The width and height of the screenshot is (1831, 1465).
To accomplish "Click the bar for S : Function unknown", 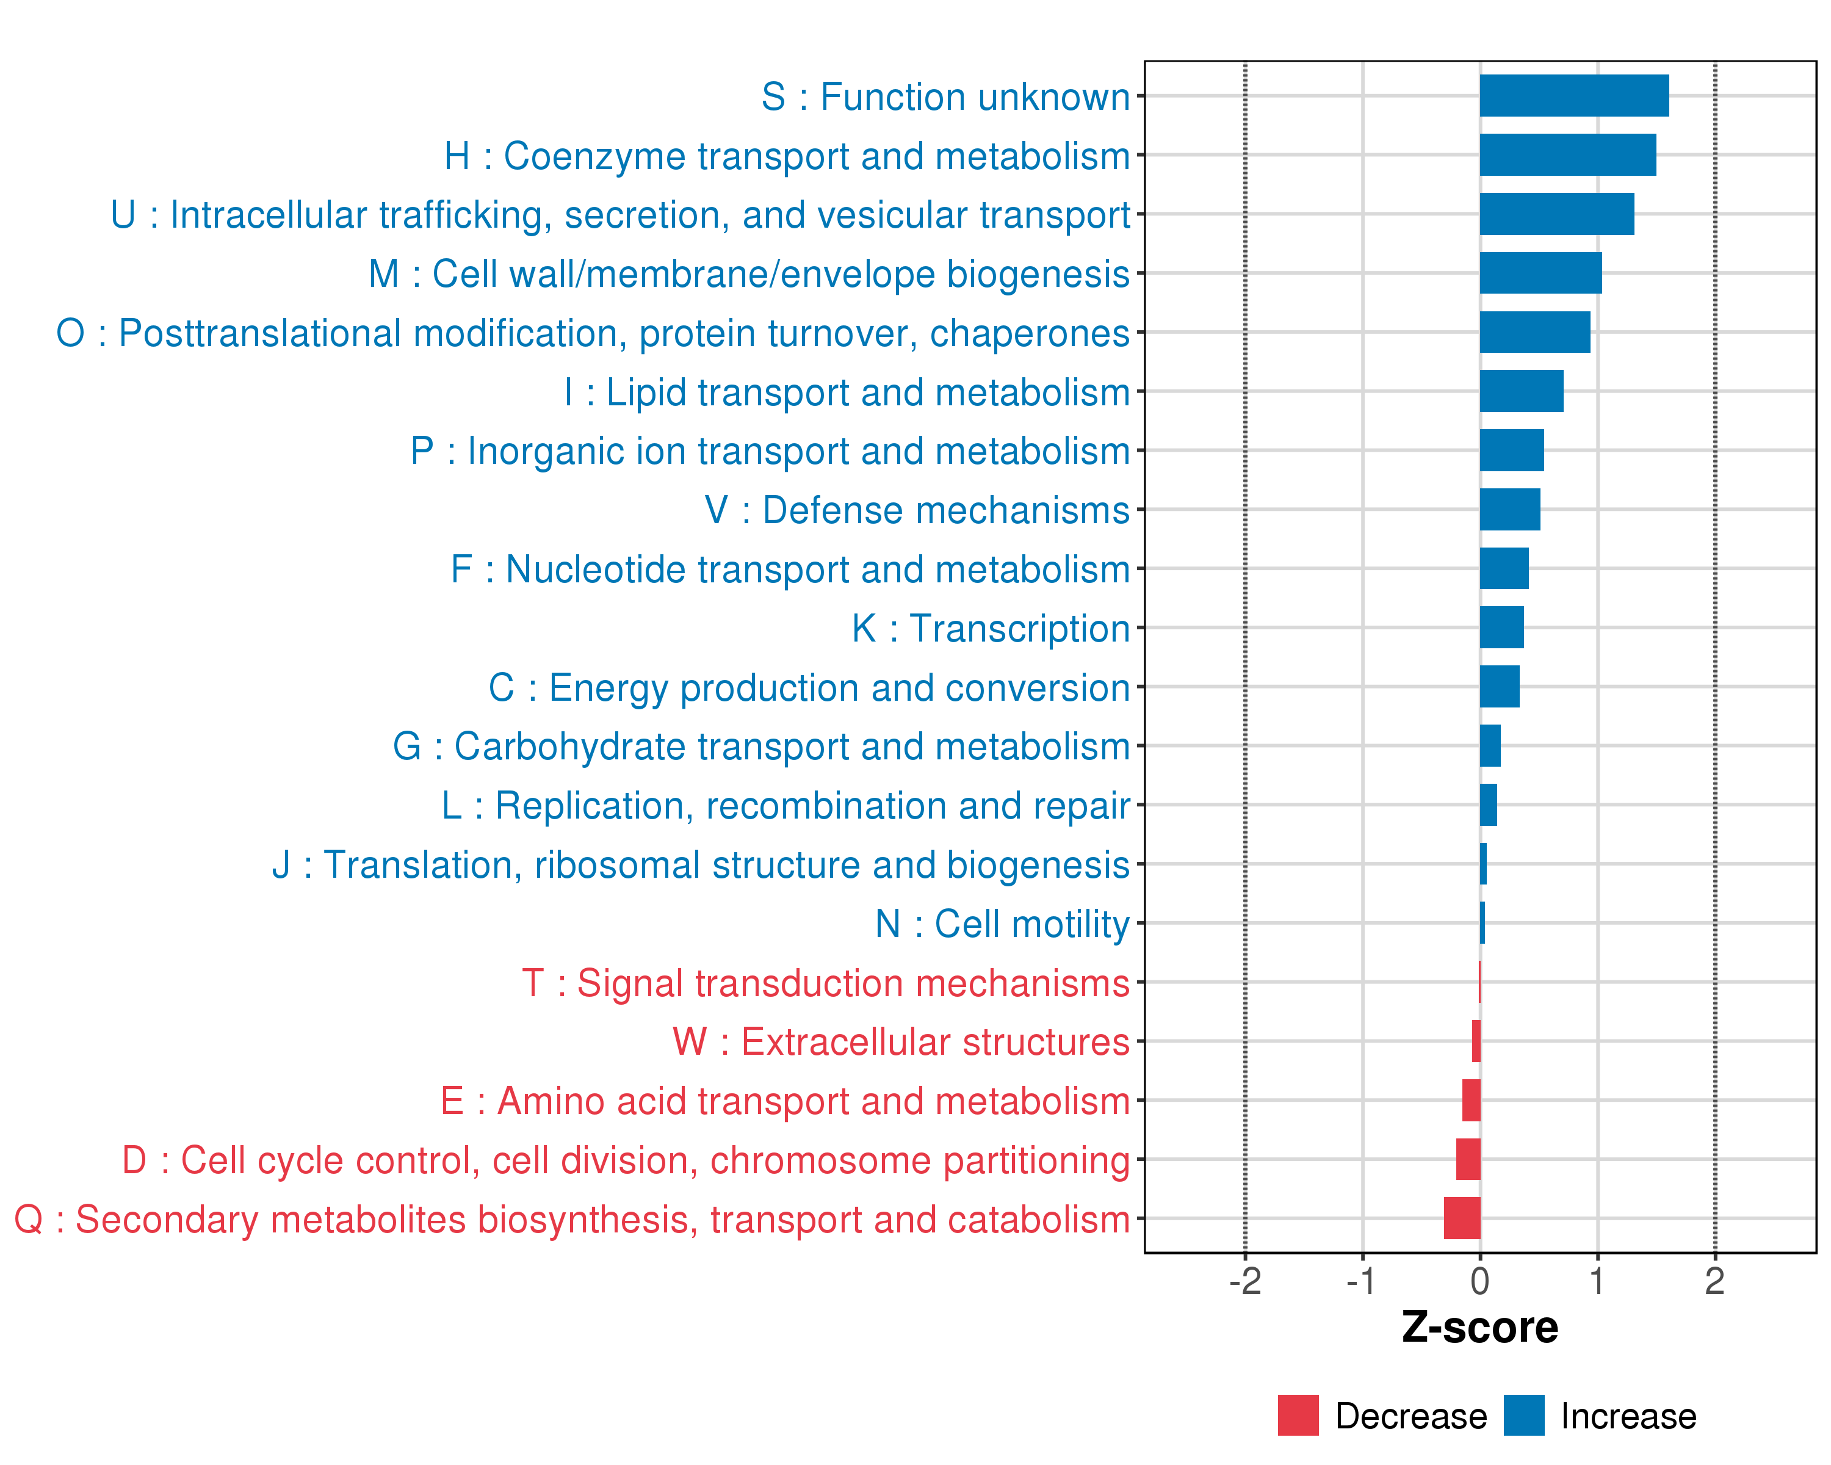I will click(x=1573, y=96).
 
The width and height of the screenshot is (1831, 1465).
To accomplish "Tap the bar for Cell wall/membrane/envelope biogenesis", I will click(x=1540, y=273).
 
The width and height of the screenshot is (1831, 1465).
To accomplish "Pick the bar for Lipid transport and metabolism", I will click(x=1521, y=391).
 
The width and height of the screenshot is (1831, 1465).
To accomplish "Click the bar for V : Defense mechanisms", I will click(x=1510, y=510).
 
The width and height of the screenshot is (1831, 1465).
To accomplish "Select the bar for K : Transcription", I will click(x=1501, y=628).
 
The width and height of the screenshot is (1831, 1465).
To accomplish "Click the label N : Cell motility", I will click(x=1002, y=924).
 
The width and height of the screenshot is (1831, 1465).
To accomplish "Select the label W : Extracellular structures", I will click(x=901, y=1042).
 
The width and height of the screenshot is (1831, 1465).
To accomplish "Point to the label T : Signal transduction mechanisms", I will click(x=826, y=983).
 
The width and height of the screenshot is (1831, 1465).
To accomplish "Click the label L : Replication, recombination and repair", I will click(x=785, y=806).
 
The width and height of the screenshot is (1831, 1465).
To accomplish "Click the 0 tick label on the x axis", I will click(x=1480, y=1281).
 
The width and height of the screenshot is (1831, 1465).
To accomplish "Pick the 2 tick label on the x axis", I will click(x=1714, y=1281).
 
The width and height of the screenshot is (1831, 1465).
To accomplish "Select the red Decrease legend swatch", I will click(x=1298, y=1416).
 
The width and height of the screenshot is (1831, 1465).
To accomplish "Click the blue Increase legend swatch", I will click(x=1523, y=1416).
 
